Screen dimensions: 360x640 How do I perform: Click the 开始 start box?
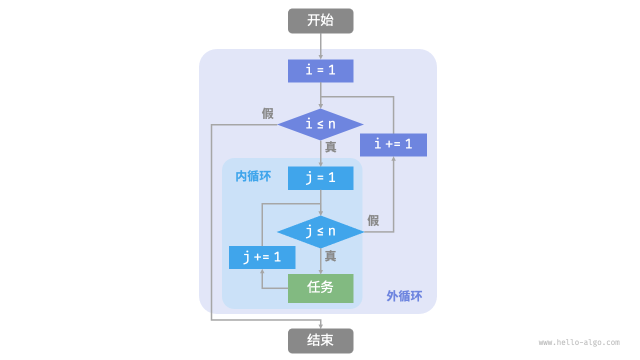coord(320,21)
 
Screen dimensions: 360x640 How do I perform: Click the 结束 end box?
coord(320,340)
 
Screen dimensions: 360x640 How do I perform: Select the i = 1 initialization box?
coord(320,70)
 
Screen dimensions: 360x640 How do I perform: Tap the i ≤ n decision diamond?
coord(320,124)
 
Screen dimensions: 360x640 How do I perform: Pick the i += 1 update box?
coord(393,144)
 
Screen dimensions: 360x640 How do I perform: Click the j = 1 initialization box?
coord(320,178)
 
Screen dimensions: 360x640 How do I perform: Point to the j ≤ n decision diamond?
coord(320,231)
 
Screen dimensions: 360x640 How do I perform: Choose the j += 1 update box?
coord(262,257)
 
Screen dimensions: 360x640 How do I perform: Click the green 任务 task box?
coord(320,288)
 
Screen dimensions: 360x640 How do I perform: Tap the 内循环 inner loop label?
coord(253,176)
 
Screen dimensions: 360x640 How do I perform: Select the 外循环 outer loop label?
coord(404,296)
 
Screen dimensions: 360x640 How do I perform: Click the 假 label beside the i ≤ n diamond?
coord(268,113)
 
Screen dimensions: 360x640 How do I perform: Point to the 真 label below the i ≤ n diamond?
coord(330,147)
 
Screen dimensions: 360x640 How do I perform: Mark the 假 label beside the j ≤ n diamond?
coord(373,220)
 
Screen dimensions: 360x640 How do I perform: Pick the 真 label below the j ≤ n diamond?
coord(330,256)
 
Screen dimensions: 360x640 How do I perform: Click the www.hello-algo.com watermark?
coord(579,342)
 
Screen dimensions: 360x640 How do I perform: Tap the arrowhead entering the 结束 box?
coord(320,326)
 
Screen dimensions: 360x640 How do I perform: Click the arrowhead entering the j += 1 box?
coord(262,272)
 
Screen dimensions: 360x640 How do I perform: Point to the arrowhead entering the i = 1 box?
coord(320,56)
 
